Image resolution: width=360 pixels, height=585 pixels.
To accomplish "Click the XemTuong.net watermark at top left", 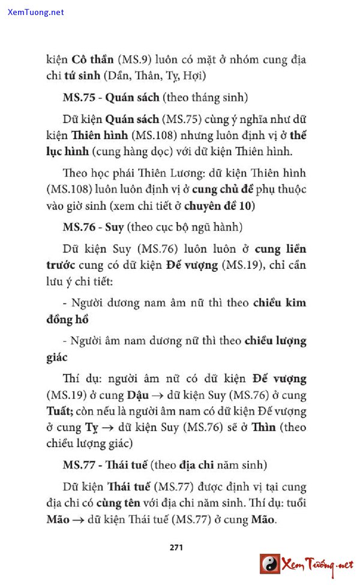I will coord(35,12).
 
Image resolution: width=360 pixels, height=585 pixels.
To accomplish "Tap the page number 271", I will coord(176,547).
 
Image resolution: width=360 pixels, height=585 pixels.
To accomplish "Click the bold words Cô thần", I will coord(92,60).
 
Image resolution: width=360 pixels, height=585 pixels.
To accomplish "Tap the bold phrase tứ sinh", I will coord(83,76).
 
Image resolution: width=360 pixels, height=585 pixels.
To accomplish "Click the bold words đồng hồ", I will coord(67,319).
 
